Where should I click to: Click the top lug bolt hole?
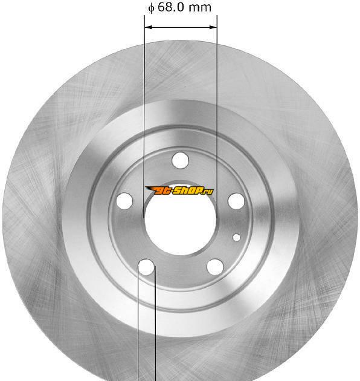[x=180, y=160]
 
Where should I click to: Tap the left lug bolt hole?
[x=124, y=201]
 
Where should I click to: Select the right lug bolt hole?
[x=236, y=201]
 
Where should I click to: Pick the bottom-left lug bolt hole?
[x=146, y=267]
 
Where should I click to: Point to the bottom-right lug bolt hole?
[x=215, y=267]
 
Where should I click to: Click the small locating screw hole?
[x=236, y=238]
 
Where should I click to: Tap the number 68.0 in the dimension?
[x=171, y=7]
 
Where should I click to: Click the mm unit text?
[x=200, y=8]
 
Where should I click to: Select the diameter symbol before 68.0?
[x=151, y=8]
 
